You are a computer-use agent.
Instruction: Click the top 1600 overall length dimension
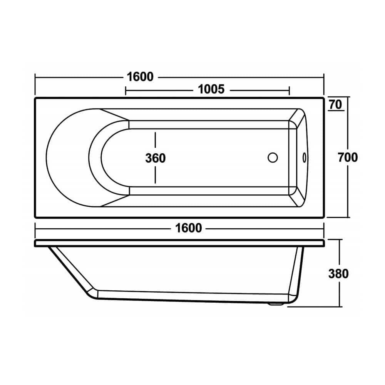(x=140, y=77)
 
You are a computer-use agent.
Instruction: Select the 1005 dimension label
(x=211, y=89)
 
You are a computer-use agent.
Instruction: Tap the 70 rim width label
(x=336, y=104)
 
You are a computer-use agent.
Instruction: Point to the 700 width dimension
(x=348, y=157)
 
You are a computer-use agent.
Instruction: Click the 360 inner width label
(x=155, y=158)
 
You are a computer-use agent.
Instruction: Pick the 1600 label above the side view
(x=188, y=228)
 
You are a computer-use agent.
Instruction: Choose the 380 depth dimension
(x=338, y=273)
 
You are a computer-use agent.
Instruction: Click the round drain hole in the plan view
(x=273, y=158)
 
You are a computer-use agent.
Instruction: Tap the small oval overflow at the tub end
(x=304, y=157)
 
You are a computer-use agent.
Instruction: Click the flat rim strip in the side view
(x=179, y=243)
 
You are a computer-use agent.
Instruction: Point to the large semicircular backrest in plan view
(x=67, y=158)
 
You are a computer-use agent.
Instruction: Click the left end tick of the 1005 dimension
(x=126, y=90)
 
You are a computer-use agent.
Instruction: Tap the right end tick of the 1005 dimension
(x=289, y=90)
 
